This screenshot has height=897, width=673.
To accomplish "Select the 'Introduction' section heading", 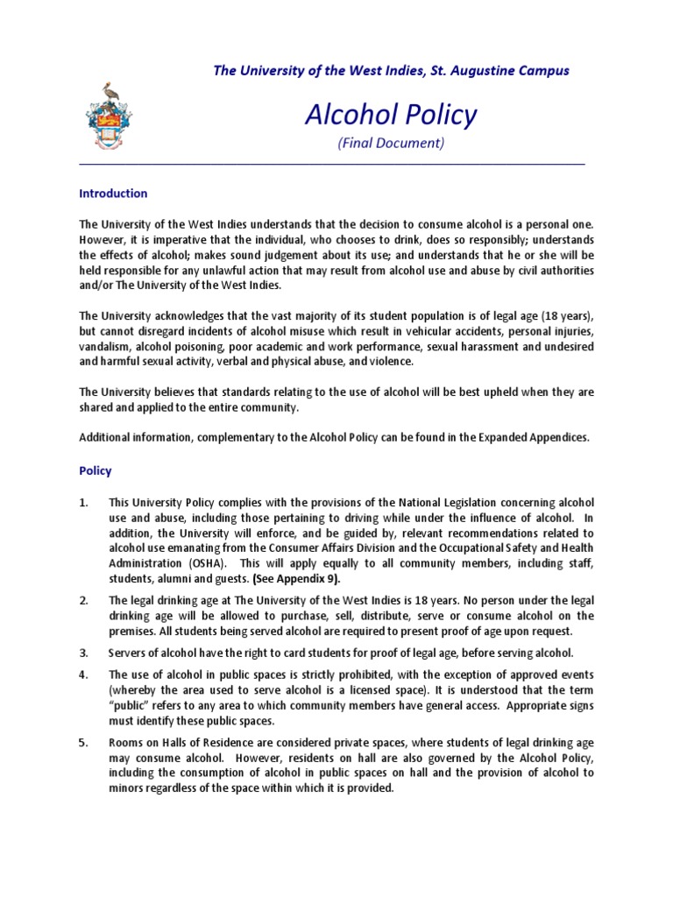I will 113,194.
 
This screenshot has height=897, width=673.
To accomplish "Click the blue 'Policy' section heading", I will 96,470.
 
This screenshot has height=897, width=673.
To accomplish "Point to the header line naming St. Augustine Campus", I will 391,70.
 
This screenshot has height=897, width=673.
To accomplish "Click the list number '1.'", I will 84,503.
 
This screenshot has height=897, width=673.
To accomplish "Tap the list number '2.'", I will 84,601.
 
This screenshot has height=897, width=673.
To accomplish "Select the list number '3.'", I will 84,653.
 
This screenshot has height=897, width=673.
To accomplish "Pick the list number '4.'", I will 84,675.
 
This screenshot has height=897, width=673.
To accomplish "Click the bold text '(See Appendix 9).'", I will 296,580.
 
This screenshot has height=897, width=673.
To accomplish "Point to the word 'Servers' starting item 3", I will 129,653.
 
